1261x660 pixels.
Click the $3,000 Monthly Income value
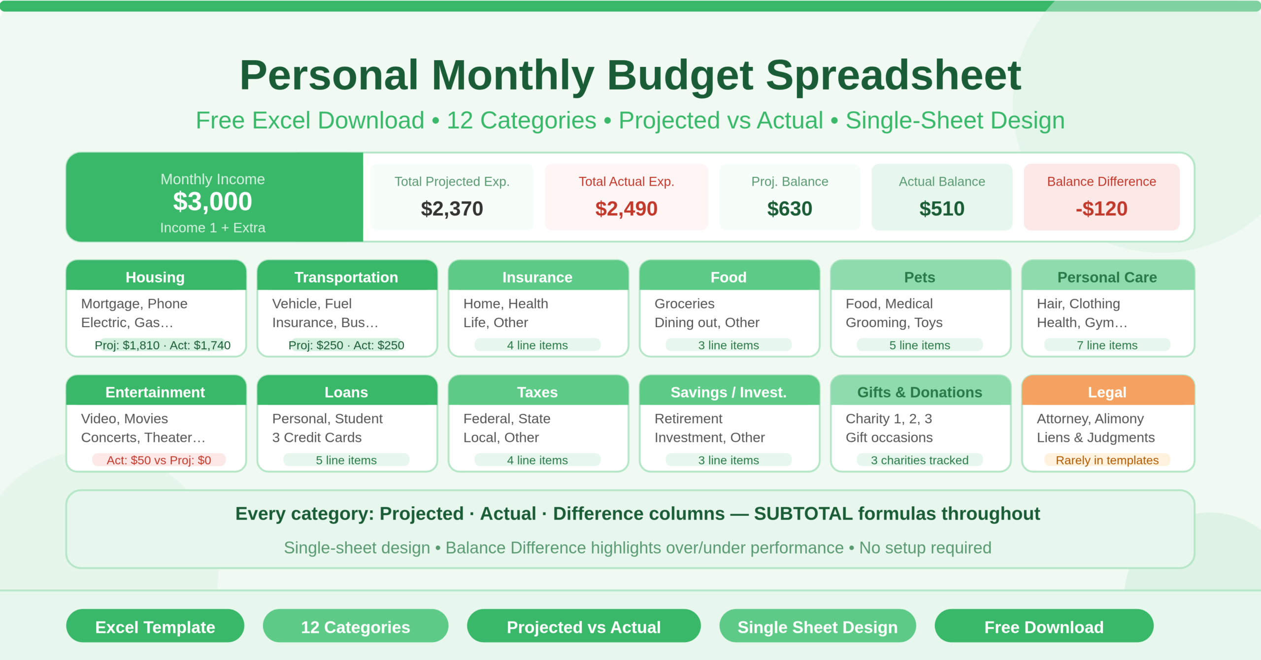point(212,201)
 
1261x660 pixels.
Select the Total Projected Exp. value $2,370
point(452,208)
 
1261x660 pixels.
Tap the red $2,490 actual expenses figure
point(626,208)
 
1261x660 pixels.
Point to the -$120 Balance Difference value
point(1101,208)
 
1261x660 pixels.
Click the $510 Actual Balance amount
point(942,208)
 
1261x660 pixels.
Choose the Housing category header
point(155,277)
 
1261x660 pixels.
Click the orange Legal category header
point(1107,392)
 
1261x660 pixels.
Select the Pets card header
point(920,277)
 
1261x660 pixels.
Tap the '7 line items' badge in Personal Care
point(1107,345)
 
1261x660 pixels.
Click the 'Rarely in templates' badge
point(1107,460)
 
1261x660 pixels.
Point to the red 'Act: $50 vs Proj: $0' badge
point(159,460)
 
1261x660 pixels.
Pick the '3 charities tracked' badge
point(920,460)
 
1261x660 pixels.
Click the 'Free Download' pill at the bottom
point(1044,627)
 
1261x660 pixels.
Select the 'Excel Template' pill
point(155,627)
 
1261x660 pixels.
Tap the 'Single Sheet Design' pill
point(817,627)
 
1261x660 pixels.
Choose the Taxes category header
point(537,392)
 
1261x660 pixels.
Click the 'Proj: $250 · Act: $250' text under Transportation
point(346,345)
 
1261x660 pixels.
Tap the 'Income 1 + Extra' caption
point(212,228)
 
